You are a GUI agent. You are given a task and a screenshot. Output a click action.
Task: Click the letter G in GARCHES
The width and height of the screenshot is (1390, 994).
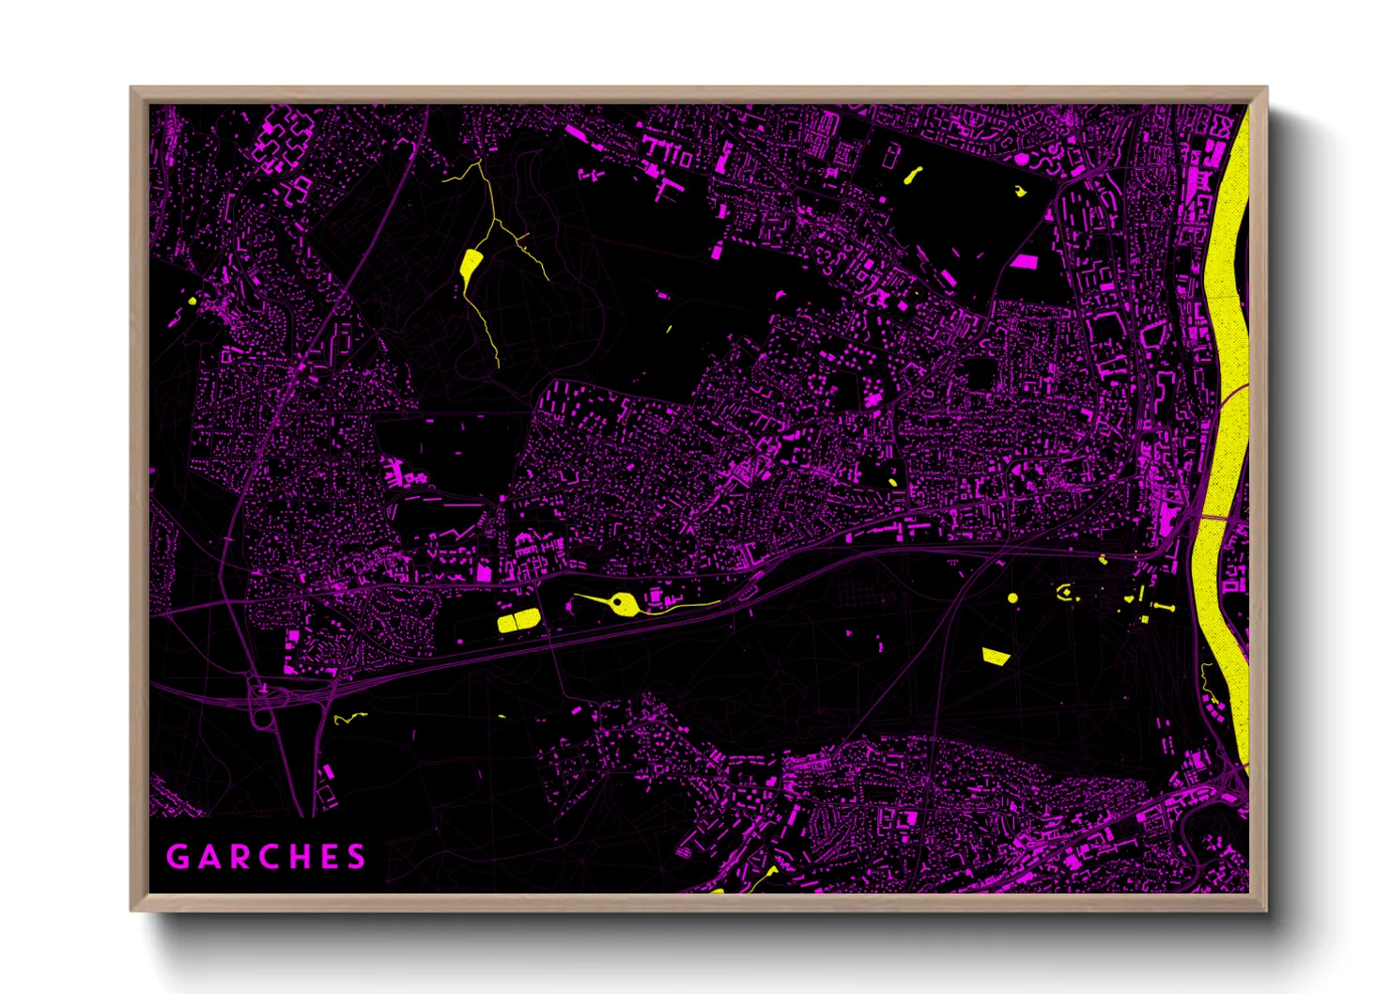[177, 857]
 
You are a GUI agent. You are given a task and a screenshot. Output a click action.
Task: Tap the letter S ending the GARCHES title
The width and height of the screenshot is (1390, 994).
[356, 857]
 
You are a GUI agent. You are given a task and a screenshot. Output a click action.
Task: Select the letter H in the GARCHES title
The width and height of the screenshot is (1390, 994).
[294, 857]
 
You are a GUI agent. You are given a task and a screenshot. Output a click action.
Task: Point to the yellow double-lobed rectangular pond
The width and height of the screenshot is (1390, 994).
[518, 620]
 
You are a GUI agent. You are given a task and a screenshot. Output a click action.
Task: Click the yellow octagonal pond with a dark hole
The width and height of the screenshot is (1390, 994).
[621, 603]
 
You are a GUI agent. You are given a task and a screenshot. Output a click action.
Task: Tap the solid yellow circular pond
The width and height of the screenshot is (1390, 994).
[1012, 598]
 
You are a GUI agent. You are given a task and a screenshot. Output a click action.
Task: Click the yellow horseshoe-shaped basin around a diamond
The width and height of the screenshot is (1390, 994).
[1064, 592]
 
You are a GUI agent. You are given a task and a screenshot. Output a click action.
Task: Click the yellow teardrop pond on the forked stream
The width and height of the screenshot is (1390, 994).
[471, 262]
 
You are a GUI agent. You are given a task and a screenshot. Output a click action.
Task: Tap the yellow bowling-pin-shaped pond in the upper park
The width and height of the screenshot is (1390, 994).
[911, 176]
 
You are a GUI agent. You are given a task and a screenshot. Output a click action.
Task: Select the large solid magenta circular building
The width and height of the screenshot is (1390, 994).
[1022, 160]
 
